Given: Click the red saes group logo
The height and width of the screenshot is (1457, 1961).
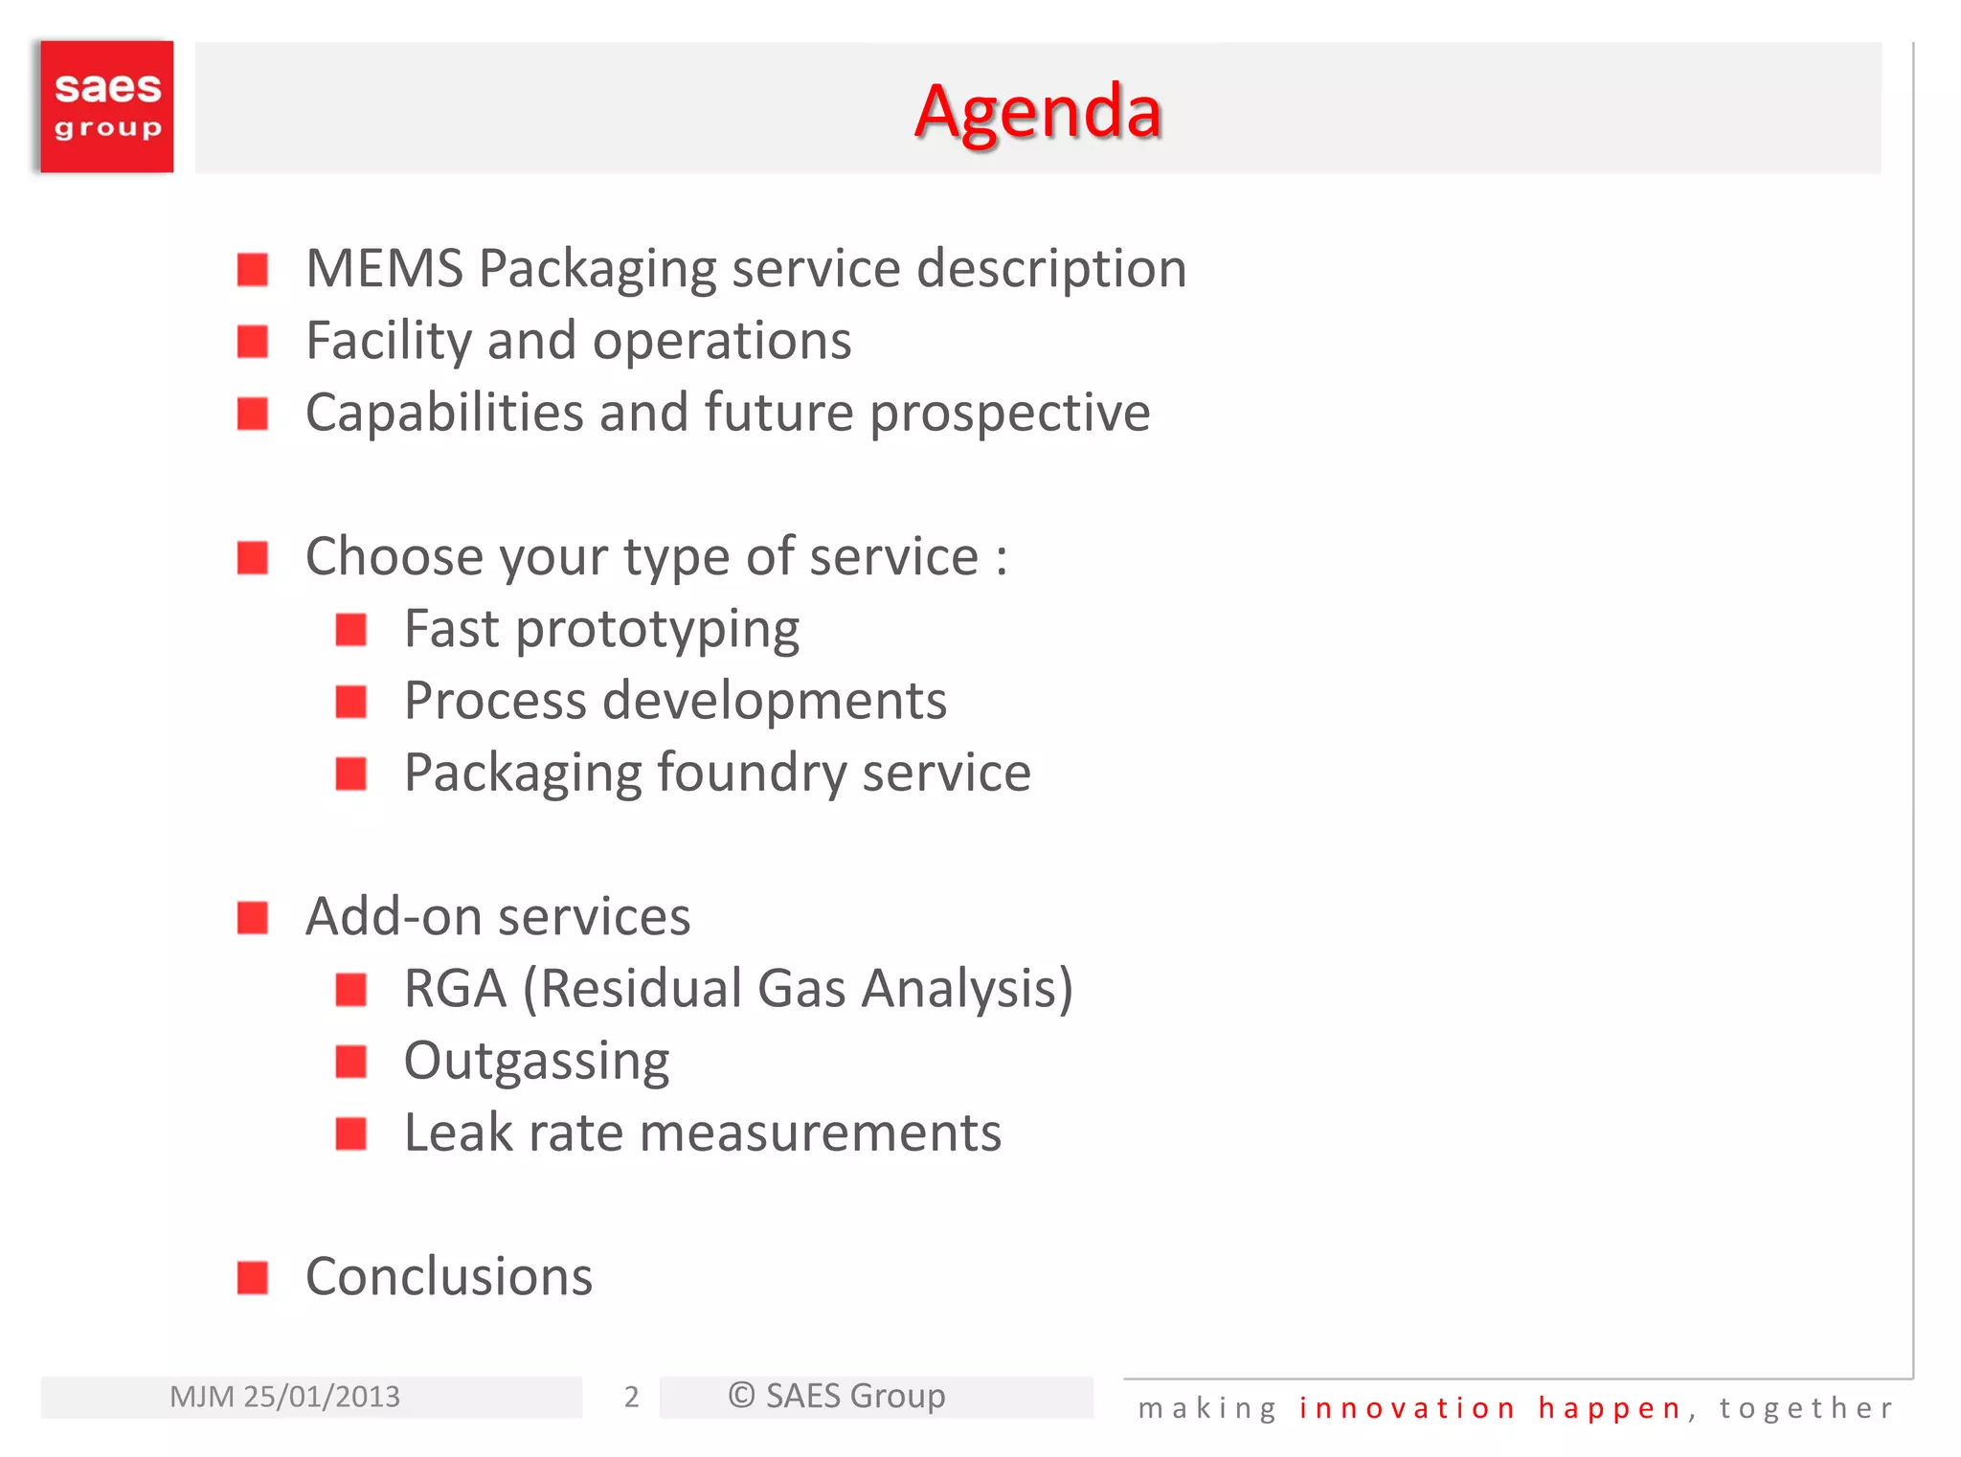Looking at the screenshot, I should [107, 106].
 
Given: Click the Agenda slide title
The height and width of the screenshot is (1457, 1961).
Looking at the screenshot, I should [1038, 112].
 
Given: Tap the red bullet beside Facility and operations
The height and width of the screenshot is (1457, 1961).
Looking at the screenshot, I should [253, 342].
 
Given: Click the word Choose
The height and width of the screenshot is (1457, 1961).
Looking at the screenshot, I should [395, 557].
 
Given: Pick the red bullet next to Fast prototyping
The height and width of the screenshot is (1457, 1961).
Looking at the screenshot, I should [351, 630].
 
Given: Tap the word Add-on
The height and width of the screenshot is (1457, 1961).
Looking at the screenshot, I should [394, 917].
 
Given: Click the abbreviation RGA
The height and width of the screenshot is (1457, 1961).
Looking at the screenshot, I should [455, 989].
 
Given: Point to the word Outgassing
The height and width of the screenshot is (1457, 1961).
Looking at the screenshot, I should [536, 1062].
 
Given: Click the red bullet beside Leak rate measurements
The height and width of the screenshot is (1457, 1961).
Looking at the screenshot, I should [351, 1133].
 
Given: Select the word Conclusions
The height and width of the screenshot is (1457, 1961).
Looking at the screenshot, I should [449, 1277].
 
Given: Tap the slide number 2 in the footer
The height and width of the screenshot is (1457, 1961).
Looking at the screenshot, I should [631, 1397].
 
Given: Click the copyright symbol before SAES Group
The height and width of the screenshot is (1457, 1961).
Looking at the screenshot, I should [741, 1396].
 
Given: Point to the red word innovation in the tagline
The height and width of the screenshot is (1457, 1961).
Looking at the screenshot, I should [1408, 1408].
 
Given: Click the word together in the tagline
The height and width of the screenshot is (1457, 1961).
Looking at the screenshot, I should [1806, 1408].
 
